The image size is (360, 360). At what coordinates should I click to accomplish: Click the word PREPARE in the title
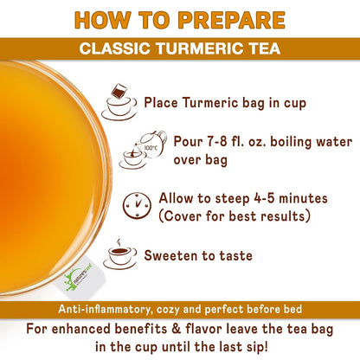[232, 20]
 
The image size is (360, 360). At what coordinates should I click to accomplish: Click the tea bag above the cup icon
[119, 92]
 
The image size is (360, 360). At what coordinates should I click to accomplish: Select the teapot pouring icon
[144, 150]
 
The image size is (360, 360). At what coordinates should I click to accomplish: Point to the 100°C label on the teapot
[151, 148]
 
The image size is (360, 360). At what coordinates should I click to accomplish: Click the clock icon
[137, 205]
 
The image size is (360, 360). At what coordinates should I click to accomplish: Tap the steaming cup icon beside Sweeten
[120, 254]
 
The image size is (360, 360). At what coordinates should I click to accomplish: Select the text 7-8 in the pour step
[217, 142]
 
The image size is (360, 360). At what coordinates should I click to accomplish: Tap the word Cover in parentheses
[183, 216]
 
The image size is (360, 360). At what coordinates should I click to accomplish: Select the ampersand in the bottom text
[176, 329]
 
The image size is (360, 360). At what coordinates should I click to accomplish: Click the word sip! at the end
[256, 346]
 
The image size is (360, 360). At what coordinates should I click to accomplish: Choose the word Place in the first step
[161, 103]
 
